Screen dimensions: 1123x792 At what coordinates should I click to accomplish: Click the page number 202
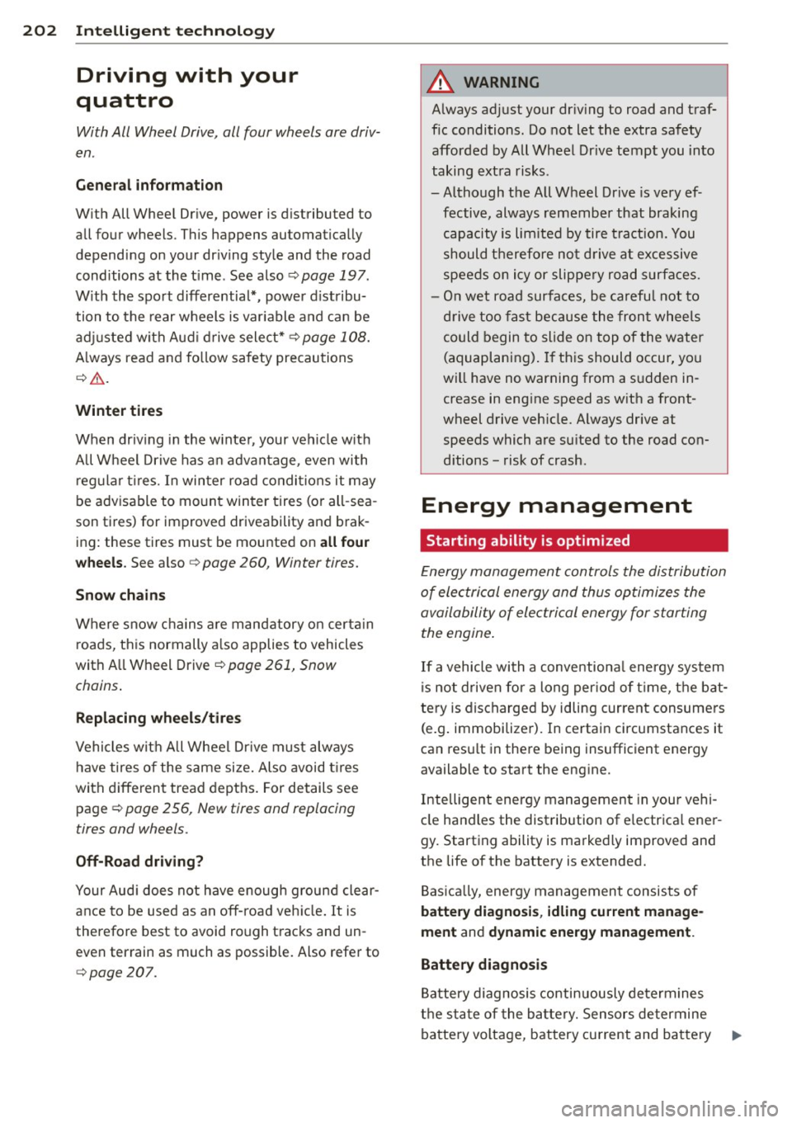pos(40,31)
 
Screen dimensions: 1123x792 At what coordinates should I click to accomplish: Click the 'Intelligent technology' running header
pos(175,31)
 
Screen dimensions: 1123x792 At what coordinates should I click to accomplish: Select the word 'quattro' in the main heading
pos(125,101)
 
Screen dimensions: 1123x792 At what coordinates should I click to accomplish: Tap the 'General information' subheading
pos(148,186)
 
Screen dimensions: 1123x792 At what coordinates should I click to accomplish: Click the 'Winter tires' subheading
pos(119,411)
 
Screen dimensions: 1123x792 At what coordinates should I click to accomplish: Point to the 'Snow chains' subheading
pos(120,595)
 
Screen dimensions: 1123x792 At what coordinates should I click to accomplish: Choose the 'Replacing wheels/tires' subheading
pos(158,718)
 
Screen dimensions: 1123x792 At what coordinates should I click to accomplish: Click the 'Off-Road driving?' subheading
pos(139,861)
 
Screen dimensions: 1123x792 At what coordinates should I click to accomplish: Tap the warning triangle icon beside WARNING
pos(442,82)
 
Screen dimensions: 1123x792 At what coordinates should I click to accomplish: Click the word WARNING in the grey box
pos(501,83)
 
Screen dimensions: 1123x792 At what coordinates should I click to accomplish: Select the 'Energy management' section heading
pos(556,506)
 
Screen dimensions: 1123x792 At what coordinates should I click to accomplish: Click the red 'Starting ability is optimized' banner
pos(574,541)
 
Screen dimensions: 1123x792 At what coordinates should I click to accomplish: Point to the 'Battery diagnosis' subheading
pos(483,965)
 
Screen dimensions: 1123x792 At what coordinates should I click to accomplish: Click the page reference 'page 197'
pos(334,276)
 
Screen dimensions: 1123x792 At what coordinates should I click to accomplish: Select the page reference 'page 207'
pos(121,973)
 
